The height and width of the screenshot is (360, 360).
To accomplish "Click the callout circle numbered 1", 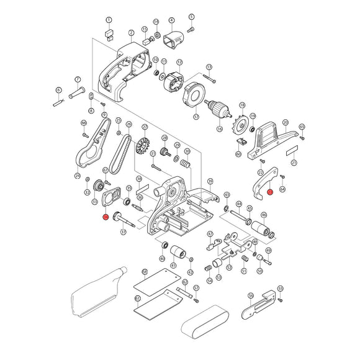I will [109, 20].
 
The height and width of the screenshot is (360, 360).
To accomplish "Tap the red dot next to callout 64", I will [270, 192].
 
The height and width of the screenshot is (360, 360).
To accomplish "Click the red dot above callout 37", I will [106, 217].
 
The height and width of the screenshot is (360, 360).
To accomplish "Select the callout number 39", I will [210, 181].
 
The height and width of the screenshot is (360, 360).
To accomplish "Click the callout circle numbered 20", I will [286, 123].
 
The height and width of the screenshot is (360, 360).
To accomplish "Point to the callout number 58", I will [145, 272].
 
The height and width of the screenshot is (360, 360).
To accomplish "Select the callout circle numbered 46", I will [263, 215].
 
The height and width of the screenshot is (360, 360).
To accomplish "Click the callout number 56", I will [251, 296].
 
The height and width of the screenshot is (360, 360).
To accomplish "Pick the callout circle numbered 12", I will [180, 62].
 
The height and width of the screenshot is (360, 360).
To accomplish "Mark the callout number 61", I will [138, 298].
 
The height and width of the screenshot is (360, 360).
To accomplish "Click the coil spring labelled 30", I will [184, 163].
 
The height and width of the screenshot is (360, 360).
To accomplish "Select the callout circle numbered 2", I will [132, 32].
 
